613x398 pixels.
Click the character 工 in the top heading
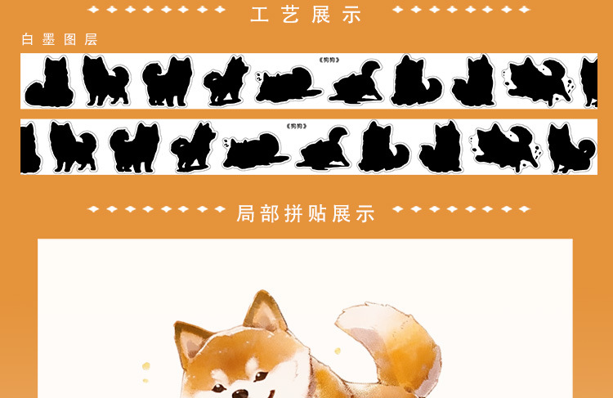tap(260, 15)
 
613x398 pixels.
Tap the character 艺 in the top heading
tap(290, 15)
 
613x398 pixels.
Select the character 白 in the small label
tap(27, 39)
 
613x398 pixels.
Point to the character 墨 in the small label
tap(48, 39)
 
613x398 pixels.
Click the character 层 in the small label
tap(91, 39)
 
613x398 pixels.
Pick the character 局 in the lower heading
tap(245, 213)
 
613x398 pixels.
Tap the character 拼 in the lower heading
tap(293, 213)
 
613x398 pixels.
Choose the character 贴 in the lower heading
tap(317, 213)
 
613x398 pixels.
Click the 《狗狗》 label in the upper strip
tap(329, 60)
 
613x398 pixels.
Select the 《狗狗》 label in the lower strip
tap(297, 126)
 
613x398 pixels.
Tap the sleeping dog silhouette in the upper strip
tap(289, 85)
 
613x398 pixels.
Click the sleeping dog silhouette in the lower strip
tap(256, 151)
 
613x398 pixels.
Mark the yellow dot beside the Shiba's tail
tap(338, 351)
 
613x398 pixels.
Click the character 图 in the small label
tap(69, 39)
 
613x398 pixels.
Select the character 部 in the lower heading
tap(270, 213)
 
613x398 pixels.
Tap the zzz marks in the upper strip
tap(259, 77)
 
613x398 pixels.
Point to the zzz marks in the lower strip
tap(226, 143)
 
